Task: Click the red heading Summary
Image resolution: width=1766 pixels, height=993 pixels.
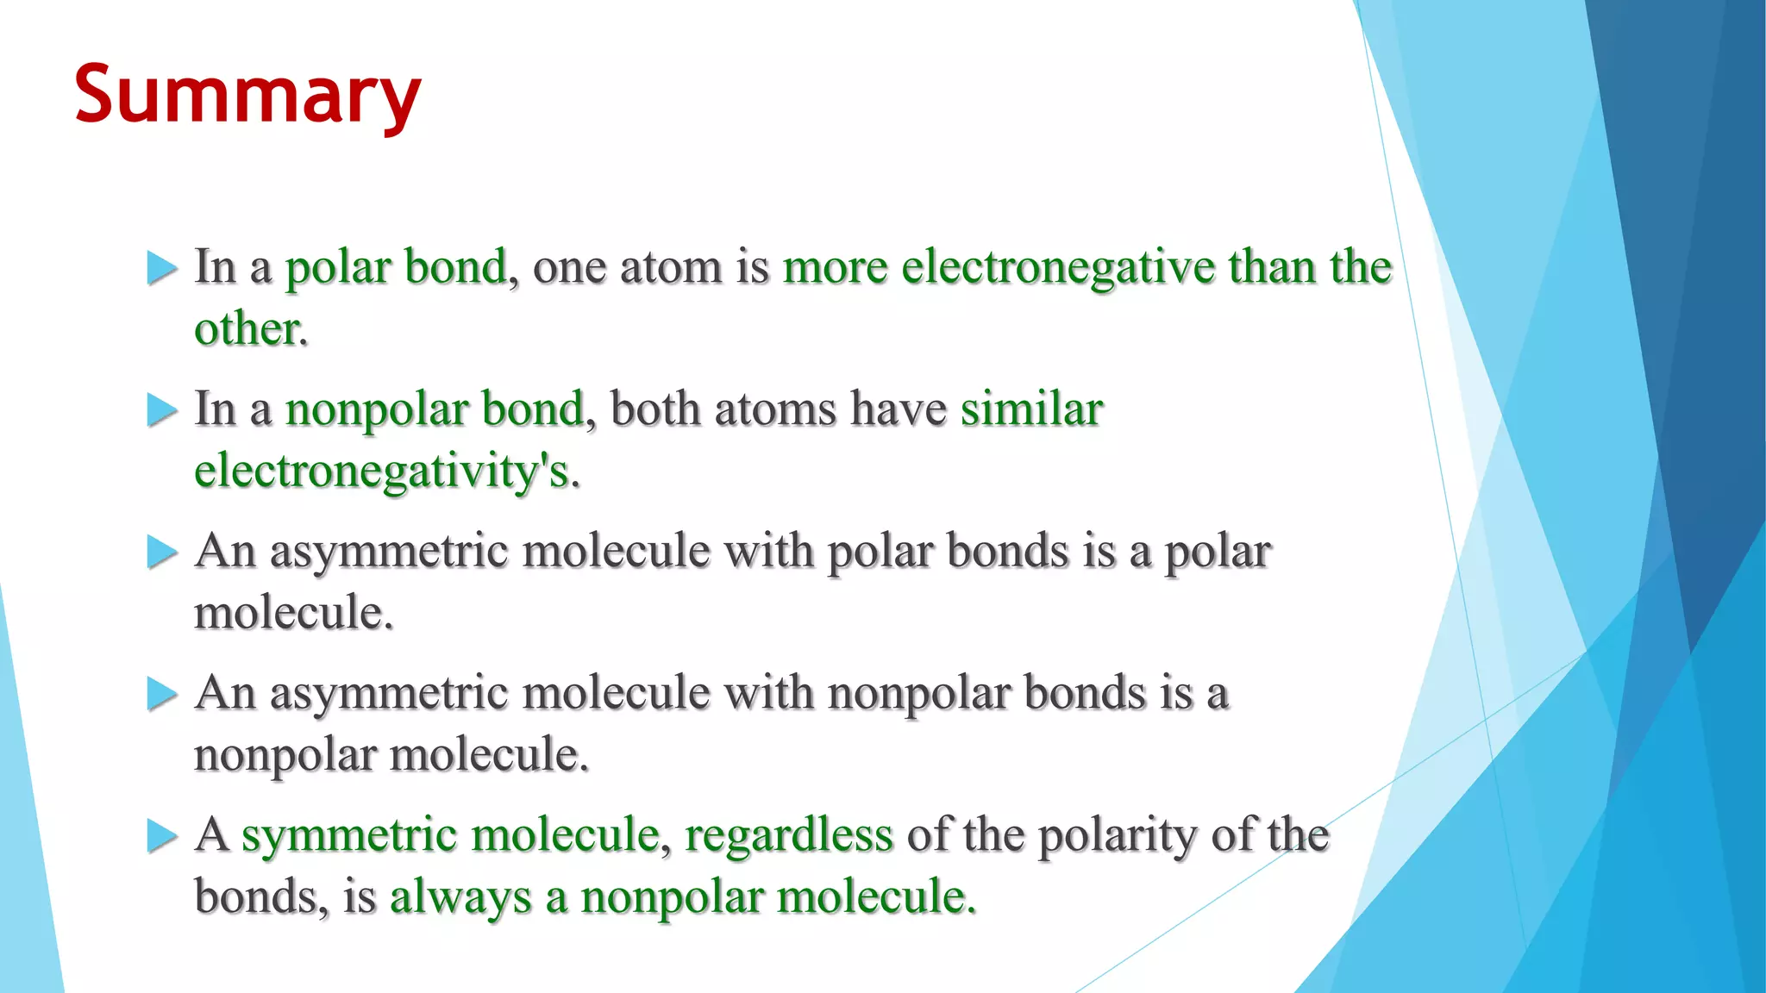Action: (247, 95)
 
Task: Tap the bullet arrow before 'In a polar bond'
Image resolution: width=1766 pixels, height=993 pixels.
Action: (161, 268)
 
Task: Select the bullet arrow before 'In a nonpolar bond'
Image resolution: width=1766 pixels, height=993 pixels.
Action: (161, 410)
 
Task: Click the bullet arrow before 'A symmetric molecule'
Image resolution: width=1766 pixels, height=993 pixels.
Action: (161, 836)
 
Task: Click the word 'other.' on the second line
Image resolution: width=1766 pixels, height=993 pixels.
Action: (250, 329)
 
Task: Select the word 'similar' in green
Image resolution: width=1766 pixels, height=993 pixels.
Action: (1031, 409)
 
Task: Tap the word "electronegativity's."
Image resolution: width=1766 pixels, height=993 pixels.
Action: (387, 472)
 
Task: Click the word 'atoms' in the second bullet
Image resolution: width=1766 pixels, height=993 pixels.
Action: (775, 409)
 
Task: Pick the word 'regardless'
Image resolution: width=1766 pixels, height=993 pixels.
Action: (788, 834)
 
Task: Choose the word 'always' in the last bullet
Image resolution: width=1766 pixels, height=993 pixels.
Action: (460, 896)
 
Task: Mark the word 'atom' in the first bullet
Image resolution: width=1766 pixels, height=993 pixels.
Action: (671, 267)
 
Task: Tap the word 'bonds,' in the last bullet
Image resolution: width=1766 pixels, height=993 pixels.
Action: (261, 896)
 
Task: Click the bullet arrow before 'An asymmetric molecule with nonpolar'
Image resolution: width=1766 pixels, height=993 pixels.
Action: (161, 694)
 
